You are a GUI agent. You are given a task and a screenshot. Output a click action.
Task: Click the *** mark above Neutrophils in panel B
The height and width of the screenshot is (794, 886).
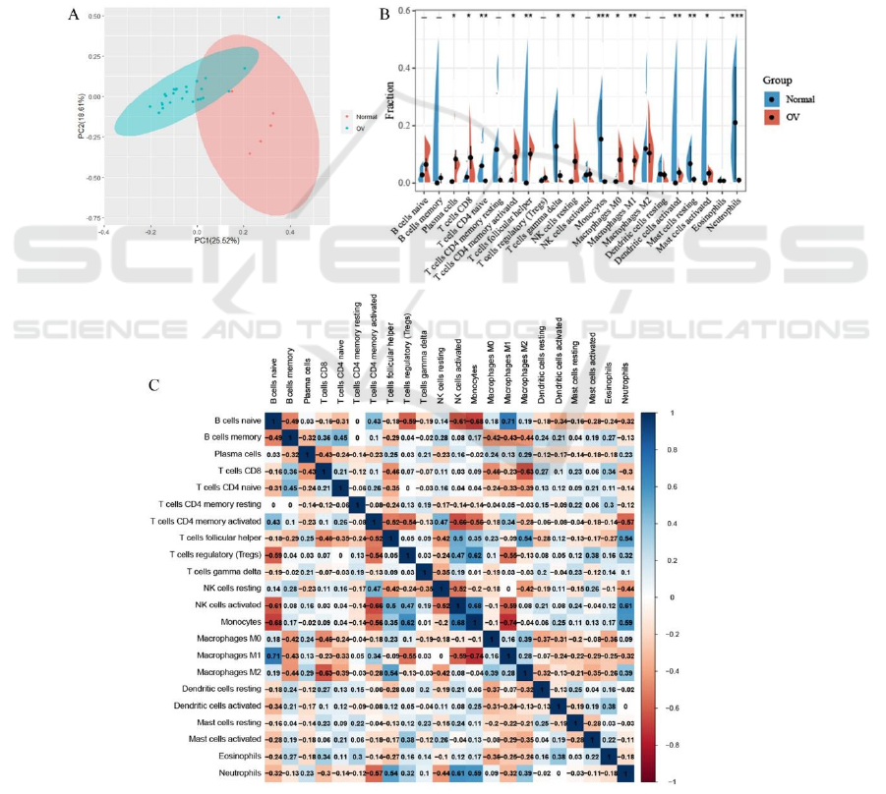[x=737, y=16]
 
